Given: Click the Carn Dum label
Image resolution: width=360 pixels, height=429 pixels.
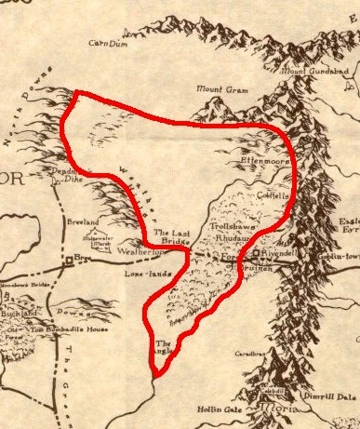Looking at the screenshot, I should (106, 43).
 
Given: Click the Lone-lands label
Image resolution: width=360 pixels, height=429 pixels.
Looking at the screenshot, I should (131, 275).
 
